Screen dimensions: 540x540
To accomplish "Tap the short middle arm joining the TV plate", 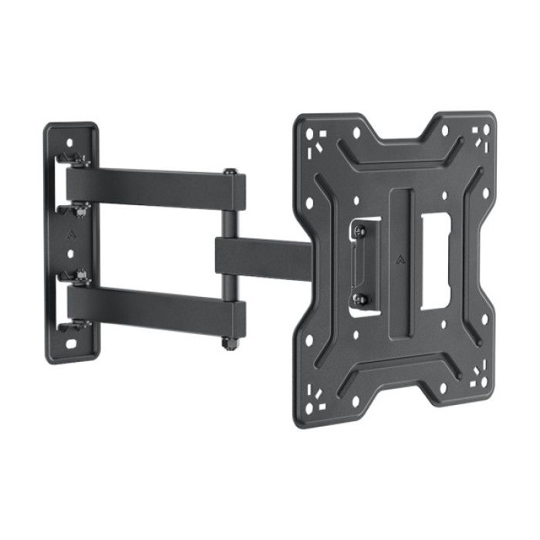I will (x=262, y=255).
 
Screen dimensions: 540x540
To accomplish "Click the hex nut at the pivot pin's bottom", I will (x=229, y=342).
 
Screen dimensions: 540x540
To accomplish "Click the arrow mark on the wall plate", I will (x=70, y=231).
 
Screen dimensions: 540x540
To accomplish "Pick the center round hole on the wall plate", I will (x=71, y=251).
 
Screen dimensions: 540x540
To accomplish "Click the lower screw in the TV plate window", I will (x=359, y=298).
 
